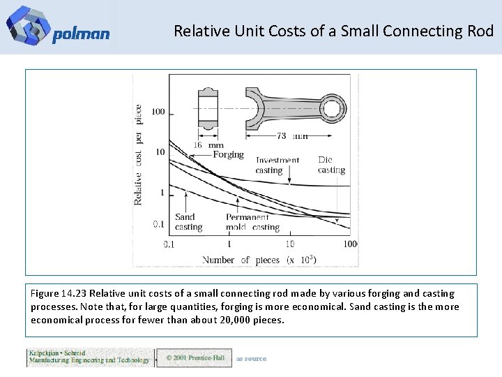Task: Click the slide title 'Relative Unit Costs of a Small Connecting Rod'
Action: tap(333, 31)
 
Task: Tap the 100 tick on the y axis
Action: tap(158, 112)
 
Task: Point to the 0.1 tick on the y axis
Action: tap(160, 224)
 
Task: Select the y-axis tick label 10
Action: tap(160, 152)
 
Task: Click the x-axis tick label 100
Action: tap(350, 244)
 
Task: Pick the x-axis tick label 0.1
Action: tap(169, 244)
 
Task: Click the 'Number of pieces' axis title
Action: tap(259, 260)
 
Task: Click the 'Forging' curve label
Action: tap(228, 154)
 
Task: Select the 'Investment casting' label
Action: tap(277, 165)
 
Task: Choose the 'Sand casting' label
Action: tap(188, 222)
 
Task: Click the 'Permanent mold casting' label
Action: tap(252, 222)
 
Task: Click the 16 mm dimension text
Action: tap(207, 145)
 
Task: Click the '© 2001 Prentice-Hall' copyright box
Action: tap(194, 358)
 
